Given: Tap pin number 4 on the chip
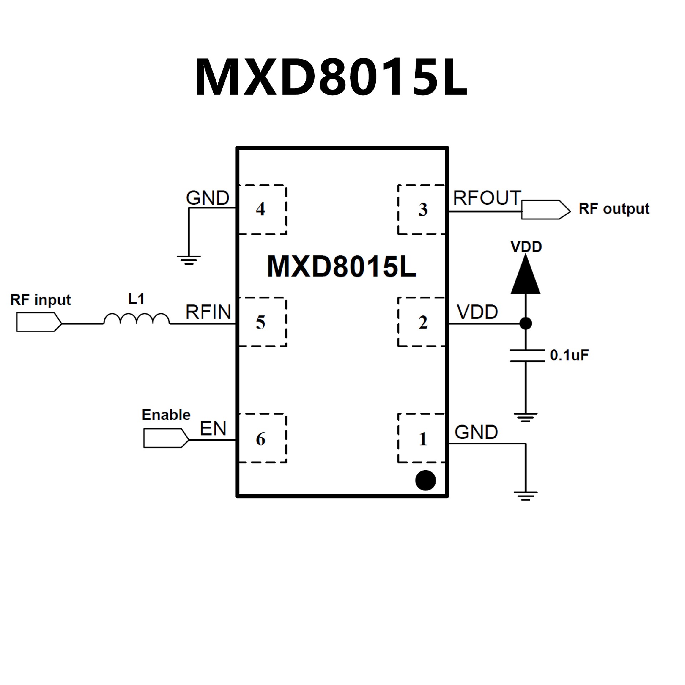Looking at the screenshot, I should pos(260,209).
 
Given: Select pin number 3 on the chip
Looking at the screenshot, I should pos(423,210).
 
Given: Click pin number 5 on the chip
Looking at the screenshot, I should pos(260,322).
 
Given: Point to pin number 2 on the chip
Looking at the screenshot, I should pos(423,322).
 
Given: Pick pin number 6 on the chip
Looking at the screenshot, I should pos(260,438).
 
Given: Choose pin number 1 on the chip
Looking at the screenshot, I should pos(423,438).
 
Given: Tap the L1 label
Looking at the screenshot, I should pos(136,299).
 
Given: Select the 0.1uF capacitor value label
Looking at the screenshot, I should pos(569,355).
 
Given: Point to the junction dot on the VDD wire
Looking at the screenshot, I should pos(525,324).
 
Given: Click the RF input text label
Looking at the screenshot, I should pos(41,300).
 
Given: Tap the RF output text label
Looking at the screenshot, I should pos(614,209).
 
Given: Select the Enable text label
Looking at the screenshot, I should pos(166,415).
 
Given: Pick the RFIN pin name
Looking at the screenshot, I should pos(208,312).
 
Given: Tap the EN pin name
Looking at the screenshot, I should pos(213,428).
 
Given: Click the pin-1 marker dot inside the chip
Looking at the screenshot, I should pos(425,480).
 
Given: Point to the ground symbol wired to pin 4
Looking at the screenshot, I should pos(189,260).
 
